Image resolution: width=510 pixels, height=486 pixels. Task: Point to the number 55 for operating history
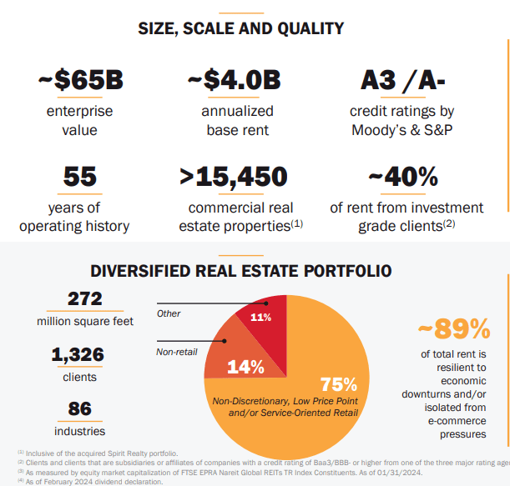tap(81, 177)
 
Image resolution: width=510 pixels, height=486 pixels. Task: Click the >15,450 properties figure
tap(233, 177)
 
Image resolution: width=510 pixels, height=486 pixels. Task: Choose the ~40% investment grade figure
tap(403, 177)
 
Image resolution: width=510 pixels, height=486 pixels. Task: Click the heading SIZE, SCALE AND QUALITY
tap(240, 28)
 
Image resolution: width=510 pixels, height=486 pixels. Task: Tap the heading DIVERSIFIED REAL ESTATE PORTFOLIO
tap(240, 271)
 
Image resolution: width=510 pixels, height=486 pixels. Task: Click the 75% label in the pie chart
tap(339, 384)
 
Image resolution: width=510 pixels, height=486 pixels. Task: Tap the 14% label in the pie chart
tap(245, 367)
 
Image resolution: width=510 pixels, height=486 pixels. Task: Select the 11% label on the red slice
tap(260, 318)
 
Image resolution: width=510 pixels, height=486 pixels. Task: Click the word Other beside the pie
tap(169, 313)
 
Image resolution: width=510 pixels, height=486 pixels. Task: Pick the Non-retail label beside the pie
tap(176, 352)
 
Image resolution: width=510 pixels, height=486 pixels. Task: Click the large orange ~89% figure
tap(453, 329)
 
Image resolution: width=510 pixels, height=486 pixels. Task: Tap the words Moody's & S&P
tap(403, 130)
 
